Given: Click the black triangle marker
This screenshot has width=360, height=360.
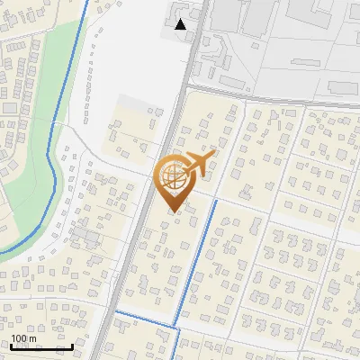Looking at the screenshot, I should click(x=182, y=24).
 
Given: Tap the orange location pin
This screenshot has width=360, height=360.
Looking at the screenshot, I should click(x=175, y=181).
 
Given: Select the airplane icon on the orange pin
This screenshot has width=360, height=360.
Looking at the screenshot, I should click(x=199, y=163).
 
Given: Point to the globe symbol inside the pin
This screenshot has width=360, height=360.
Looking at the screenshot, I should click(x=172, y=175).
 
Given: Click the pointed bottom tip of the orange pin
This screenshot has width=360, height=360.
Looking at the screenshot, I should click(x=174, y=211).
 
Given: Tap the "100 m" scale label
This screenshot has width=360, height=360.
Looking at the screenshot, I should click(x=23, y=338).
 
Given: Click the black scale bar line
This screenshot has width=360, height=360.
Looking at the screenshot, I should click(x=41, y=346).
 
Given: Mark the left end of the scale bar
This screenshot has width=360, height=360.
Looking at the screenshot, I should click(x=11, y=346).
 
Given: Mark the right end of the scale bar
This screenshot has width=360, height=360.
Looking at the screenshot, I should click(x=73, y=346).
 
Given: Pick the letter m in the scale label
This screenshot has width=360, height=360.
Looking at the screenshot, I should click(x=31, y=338).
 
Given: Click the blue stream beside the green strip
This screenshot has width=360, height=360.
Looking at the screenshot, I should click(x=59, y=135).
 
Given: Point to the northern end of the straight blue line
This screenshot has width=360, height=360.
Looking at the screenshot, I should click(x=216, y=202).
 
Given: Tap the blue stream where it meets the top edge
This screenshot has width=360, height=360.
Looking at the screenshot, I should click(x=87, y=2).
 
